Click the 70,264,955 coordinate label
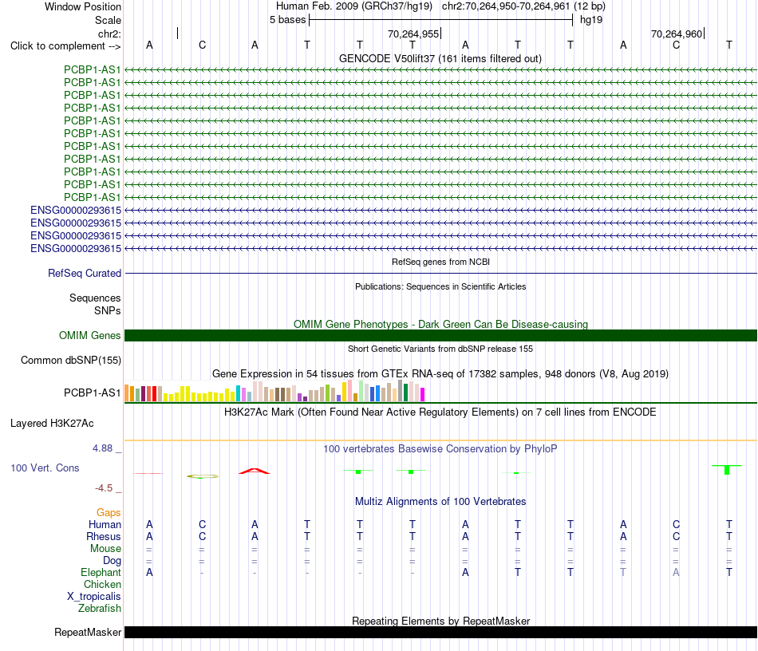413,34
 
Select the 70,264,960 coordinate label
677,34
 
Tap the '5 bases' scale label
287,20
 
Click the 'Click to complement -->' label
65,46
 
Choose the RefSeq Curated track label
85,273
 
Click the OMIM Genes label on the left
90,335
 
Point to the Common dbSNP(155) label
71,360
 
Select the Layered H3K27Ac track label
52,424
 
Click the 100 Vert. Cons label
45,468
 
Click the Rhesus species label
104,536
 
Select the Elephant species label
101,572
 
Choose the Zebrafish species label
100,608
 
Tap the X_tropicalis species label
94,597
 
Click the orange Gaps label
109,512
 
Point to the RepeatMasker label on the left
88,632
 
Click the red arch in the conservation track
255,471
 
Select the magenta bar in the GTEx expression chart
423,394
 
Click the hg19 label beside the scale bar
591,20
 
